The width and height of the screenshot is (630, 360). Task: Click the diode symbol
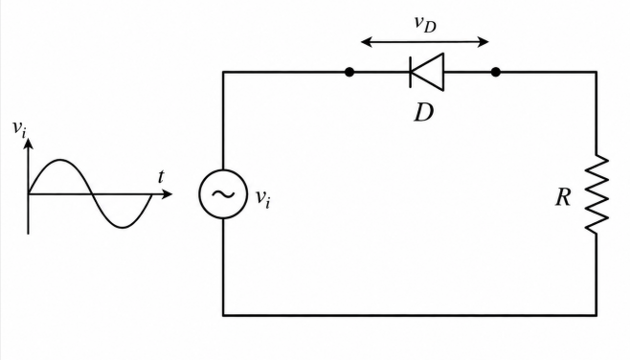[427, 73]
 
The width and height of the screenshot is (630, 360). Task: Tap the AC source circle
[199, 194]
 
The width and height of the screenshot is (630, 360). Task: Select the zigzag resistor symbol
[597, 193]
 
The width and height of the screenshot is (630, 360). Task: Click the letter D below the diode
[424, 113]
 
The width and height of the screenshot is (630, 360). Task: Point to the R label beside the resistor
[563, 197]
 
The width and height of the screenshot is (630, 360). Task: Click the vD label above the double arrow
[425, 24]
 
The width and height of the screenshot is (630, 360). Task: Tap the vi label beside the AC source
[263, 198]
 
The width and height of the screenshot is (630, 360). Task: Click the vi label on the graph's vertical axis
[19, 128]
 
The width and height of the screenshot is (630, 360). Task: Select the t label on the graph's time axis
[161, 176]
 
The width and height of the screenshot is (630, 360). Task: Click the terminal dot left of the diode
[349, 73]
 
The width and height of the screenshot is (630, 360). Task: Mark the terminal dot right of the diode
[496, 73]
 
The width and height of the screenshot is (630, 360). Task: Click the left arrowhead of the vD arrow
[366, 41]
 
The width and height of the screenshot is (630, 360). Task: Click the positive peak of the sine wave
[60, 160]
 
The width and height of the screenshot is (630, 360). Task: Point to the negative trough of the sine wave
[123, 228]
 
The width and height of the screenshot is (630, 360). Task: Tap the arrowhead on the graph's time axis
[168, 194]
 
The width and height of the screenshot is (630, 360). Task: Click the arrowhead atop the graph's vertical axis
[28, 144]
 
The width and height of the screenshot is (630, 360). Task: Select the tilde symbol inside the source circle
[223, 194]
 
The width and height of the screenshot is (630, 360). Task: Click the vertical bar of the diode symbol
[410, 73]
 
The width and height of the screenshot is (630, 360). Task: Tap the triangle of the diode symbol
[433, 73]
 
